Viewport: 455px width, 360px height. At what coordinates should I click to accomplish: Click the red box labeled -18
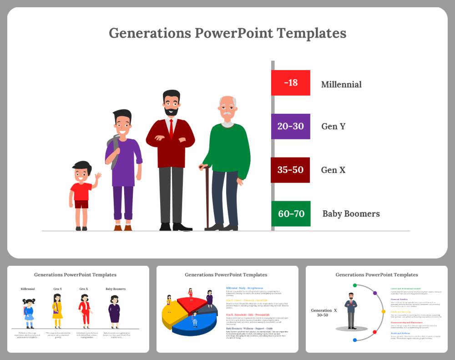coord(290,83)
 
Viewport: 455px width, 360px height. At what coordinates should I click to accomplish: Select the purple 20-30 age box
coord(290,127)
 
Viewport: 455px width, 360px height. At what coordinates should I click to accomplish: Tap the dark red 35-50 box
coord(290,170)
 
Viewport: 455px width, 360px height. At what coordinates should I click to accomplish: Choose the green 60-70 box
coord(291,213)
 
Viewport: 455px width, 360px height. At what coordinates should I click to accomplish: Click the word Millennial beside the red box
coord(341,85)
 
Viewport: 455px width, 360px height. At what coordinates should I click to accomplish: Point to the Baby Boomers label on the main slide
coord(351,214)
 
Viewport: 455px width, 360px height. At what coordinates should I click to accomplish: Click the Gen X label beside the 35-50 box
coord(333,170)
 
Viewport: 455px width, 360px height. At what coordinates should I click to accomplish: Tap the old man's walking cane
coord(207,196)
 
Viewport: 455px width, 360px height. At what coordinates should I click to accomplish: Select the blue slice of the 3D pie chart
coord(196,326)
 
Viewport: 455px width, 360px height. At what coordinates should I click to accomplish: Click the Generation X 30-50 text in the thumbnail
coord(324,312)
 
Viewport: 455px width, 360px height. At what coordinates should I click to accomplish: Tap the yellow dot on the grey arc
coord(384,312)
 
